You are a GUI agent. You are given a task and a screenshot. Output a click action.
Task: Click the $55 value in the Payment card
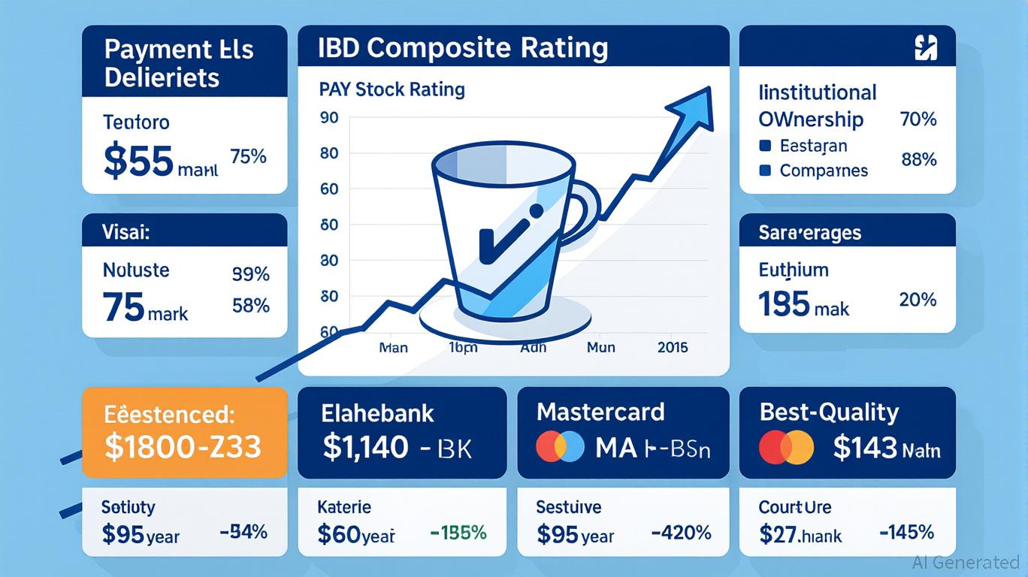(138, 162)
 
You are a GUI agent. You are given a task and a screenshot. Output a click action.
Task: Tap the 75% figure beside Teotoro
(248, 157)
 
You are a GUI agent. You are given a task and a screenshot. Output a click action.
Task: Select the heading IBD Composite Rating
(452, 47)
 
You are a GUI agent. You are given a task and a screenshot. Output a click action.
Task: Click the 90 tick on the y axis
(329, 118)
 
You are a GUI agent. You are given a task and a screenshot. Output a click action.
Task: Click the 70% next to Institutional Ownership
(918, 119)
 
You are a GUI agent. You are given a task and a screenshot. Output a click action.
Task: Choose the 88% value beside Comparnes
(918, 159)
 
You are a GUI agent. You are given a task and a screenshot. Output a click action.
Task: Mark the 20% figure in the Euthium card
(918, 301)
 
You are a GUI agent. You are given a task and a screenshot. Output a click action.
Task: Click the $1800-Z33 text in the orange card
(183, 447)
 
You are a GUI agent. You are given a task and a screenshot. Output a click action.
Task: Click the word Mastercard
(600, 412)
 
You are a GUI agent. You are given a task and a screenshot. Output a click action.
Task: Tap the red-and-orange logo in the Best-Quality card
(786, 447)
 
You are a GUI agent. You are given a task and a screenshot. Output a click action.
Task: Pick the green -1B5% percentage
(458, 533)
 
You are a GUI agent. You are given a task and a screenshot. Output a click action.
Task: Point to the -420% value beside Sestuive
(680, 533)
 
